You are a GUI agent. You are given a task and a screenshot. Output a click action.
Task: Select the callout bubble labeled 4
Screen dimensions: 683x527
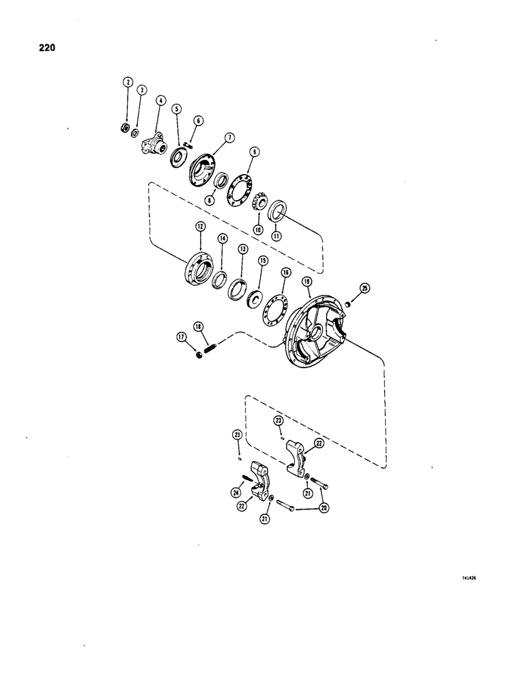tap(160, 100)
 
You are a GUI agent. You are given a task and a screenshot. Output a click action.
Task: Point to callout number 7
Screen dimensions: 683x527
tap(230, 137)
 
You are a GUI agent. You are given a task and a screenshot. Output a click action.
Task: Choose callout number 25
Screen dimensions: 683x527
tap(365, 289)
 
